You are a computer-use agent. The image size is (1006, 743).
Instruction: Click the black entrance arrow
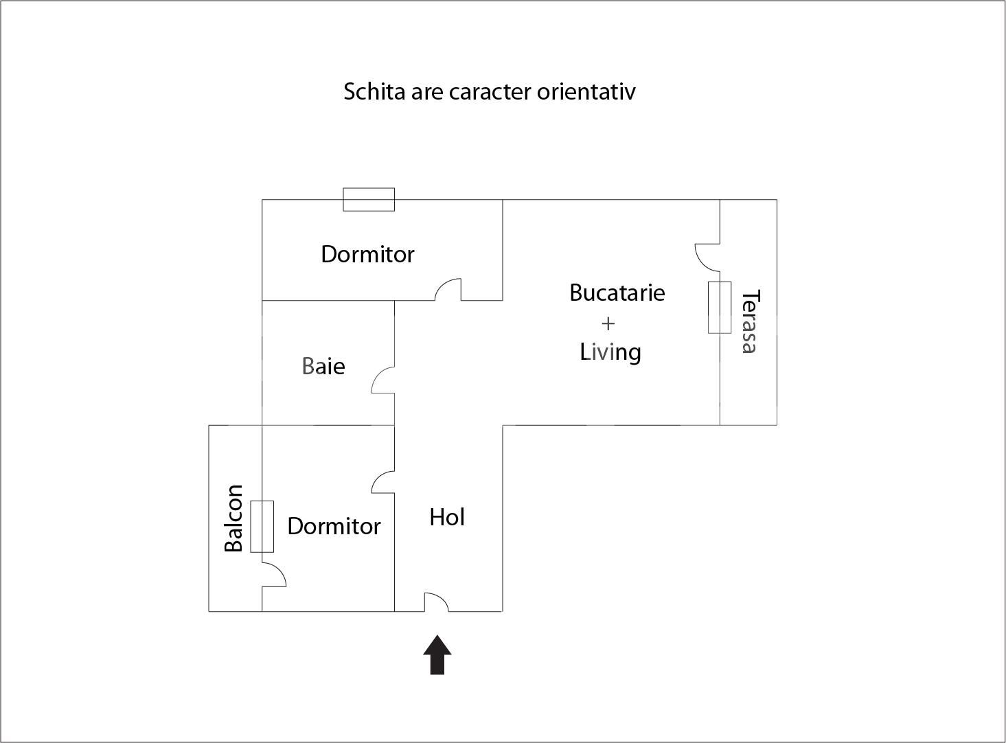click(x=437, y=655)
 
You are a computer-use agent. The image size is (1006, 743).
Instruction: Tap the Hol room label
click(x=447, y=517)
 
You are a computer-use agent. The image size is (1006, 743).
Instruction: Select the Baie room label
click(x=323, y=366)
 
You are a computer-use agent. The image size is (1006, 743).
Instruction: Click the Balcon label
click(x=234, y=518)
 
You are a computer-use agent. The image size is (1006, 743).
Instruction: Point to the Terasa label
click(x=750, y=321)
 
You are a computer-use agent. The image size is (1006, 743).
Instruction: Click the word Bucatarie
click(x=617, y=293)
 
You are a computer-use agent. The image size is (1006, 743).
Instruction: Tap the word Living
click(x=610, y=352)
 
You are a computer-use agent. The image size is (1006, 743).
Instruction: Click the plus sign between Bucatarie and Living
click(x=608, y=323)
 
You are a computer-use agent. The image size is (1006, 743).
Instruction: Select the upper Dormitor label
click(x=367, y=255)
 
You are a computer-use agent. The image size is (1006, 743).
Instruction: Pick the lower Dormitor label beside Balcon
click(x=334, y=526)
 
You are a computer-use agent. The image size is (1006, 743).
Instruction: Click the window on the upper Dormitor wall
click(x=369, y=199)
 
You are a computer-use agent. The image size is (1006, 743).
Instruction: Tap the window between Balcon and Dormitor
click(x=262, y=526)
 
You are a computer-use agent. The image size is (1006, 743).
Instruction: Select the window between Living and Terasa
click(x=720, y=307)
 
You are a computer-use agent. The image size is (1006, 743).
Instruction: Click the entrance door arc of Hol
click(x=436, y=602)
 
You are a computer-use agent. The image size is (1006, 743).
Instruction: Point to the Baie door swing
click(x=383, y=380)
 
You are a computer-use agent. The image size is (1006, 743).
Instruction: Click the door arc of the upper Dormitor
click(x=448, y=289)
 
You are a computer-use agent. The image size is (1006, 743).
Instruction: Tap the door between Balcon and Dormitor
click(x=273, y=575)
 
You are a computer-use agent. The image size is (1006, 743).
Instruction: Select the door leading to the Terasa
click(x=707, y=256)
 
